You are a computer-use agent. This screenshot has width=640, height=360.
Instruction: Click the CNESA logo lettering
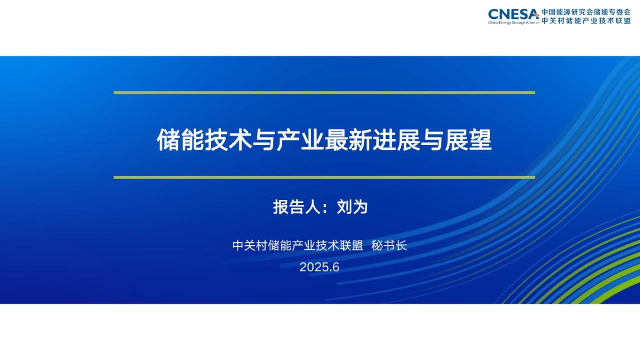[x=513, y=14]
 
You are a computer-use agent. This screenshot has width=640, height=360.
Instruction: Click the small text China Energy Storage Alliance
[x=513, y=23]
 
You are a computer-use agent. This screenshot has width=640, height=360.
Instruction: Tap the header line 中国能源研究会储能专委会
[x=586, y=12]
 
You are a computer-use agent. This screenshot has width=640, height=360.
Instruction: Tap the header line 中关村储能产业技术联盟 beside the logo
[x=586, y=21]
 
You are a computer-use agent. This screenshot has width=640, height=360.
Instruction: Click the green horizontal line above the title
[x=324, y=92]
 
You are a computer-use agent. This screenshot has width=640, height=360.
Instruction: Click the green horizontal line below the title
[x=324, y=177]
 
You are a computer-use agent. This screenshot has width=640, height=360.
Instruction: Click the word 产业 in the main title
[x=300, y=140]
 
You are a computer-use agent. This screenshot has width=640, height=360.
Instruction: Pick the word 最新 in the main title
[x=348, y=140]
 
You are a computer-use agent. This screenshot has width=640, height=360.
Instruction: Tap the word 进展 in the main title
[x=396, y=140]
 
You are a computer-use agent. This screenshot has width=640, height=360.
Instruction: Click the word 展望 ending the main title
[x=468, y=140]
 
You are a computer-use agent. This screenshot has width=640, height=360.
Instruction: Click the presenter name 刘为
[x=352, y=207]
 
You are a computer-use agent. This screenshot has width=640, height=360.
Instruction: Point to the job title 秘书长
[x=389, y=246]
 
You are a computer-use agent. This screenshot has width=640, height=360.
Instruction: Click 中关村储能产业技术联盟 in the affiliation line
[x=297, y=246]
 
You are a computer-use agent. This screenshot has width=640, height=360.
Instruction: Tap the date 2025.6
[x=319, y=267]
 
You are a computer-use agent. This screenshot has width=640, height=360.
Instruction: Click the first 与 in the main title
[x=264, y=140]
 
